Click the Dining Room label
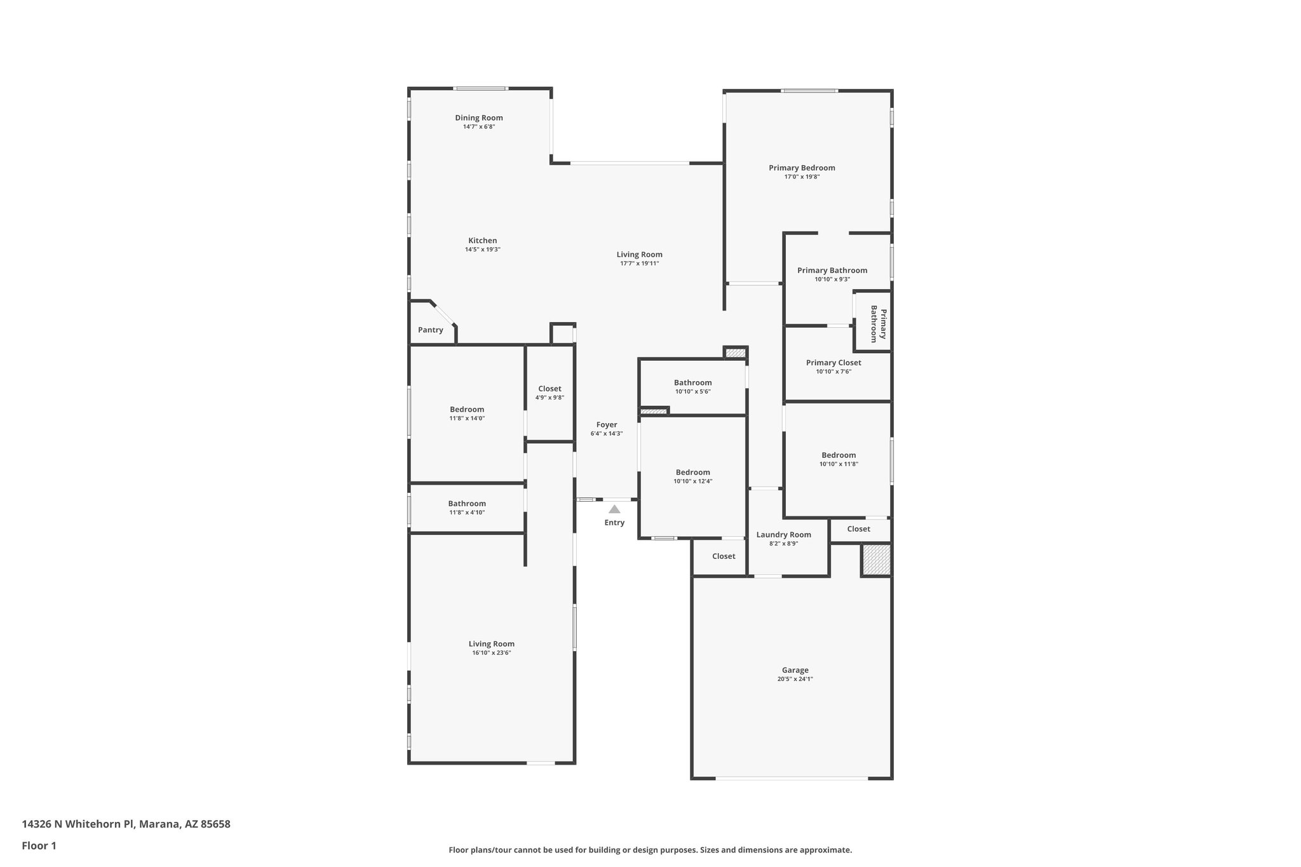click(x=478, y=118)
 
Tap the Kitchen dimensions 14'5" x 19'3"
click(x=482, y=250)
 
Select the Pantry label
click(x=430, y=330)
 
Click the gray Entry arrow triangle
click(x=614, y=509)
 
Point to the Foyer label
click(x=606, y=424)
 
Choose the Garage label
click(x=795, y=670)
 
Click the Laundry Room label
click(x=783, y=534)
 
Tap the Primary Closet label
click(x=833, y=363)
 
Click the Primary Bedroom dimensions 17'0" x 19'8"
click(x=802, y=177)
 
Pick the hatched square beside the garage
click(x=876, y=560)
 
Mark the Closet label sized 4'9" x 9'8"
click(x=549, y=389)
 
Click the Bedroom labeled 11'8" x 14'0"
click(x=467, y=409)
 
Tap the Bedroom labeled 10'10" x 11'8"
click(x=839, y=455)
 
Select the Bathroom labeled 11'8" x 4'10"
click(x=467, y=503)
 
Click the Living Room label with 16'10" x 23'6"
click(x=491, y=643)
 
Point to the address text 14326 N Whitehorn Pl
click(x=126, y=824)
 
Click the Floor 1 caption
click(x=39, y=845)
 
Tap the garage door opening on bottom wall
click(x=791, y=778)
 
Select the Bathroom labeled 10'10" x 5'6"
click(x=692, y=382)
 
